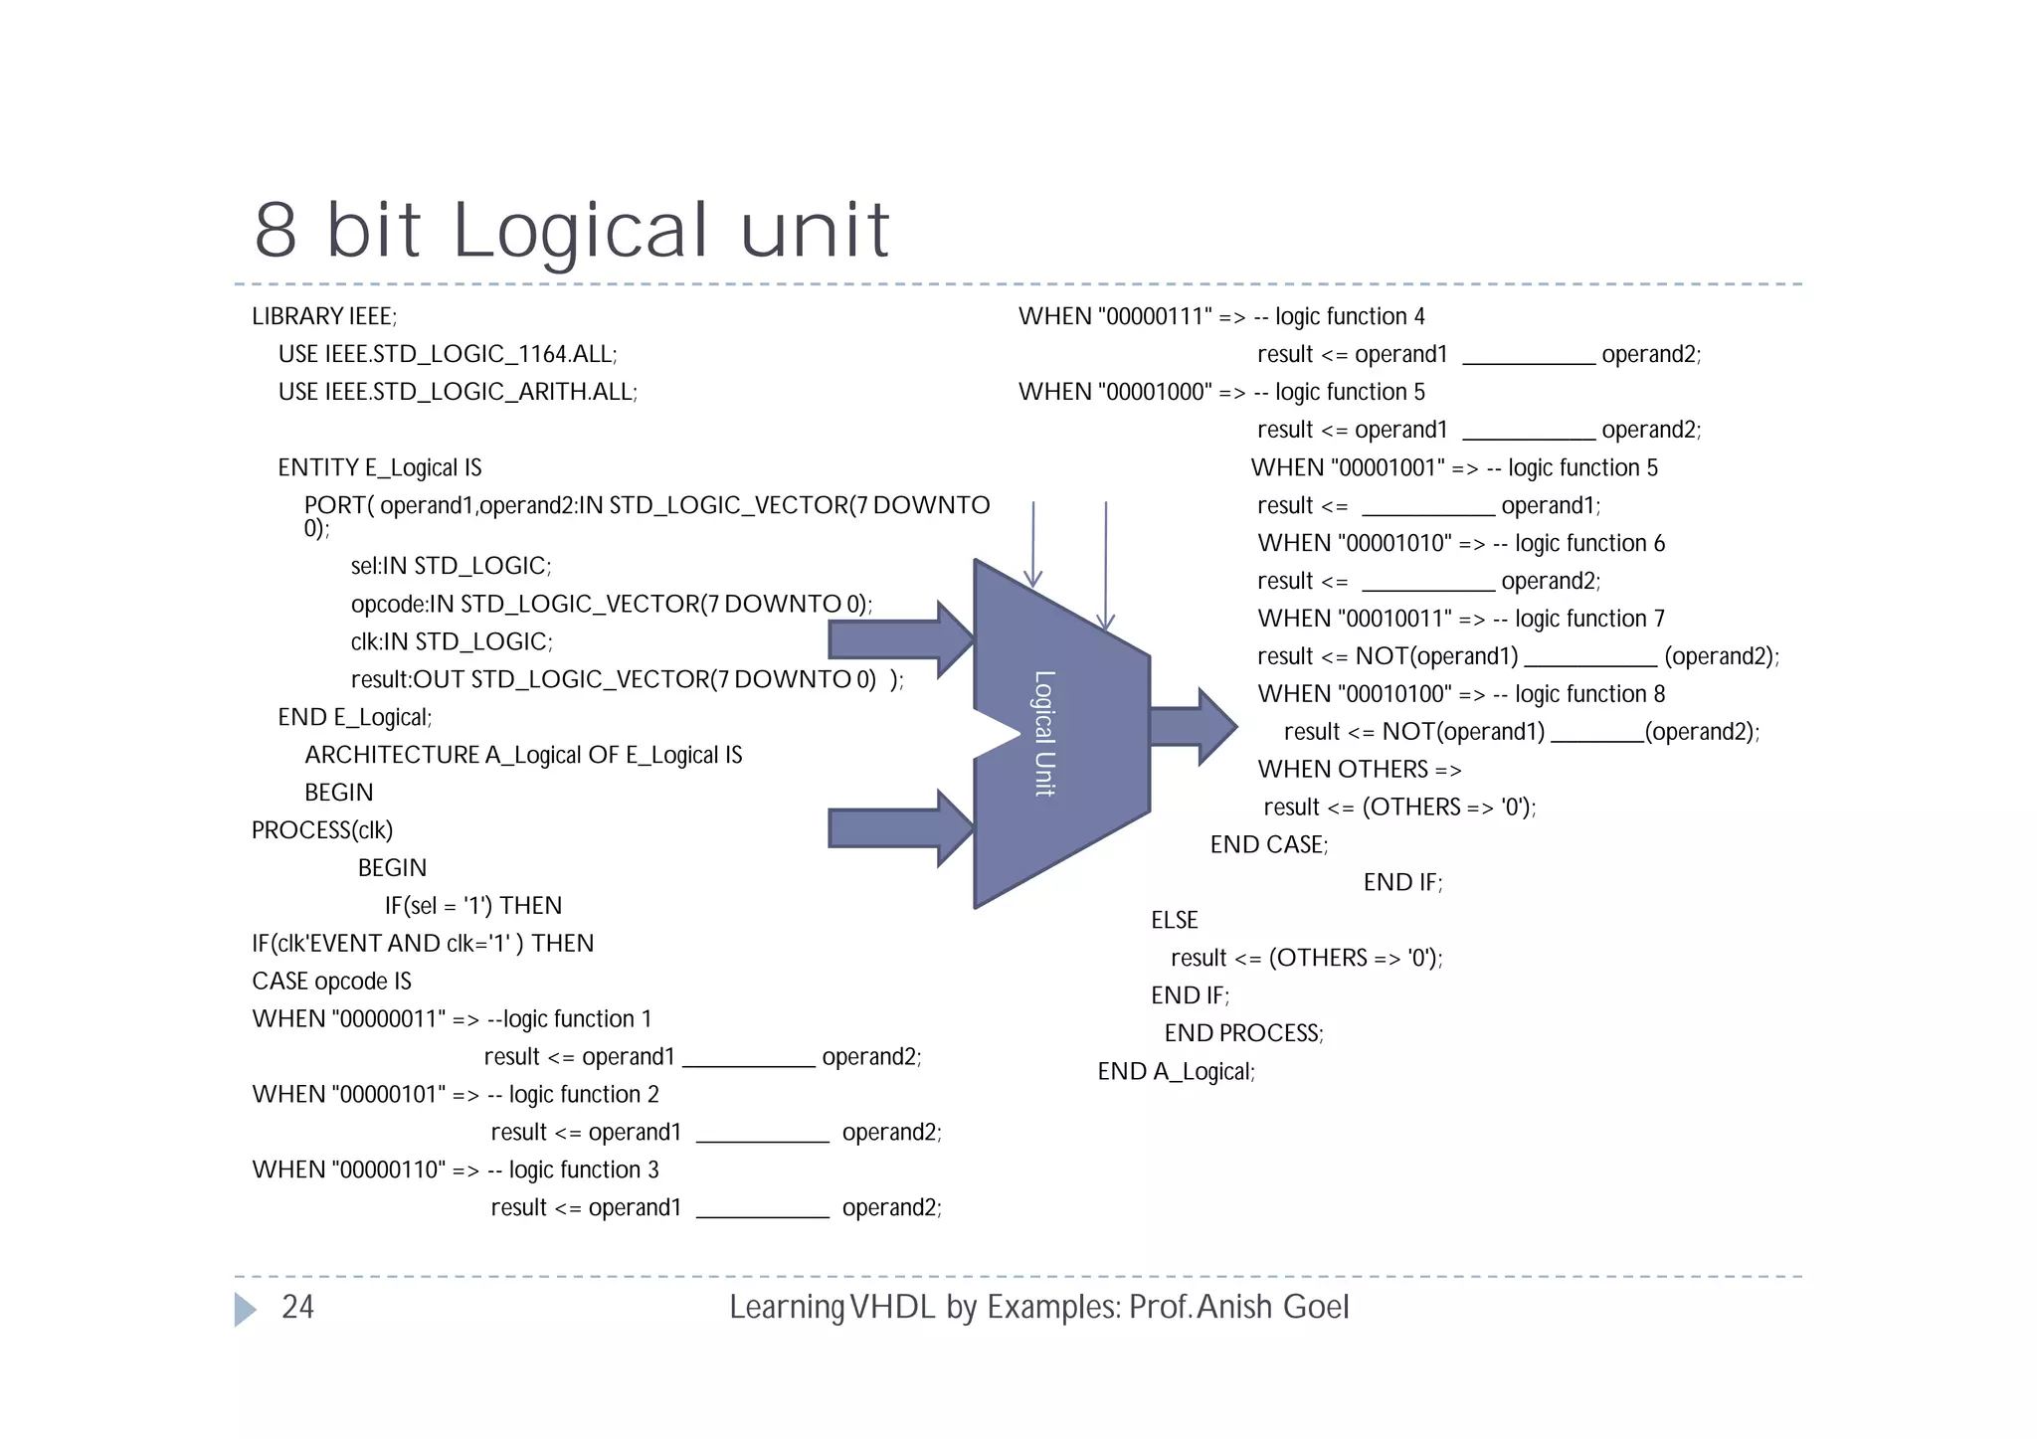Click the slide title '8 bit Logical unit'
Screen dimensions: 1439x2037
click(571, 231)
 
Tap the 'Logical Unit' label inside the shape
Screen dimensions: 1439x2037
click(1043, 733)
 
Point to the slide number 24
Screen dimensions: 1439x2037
click(297, 1307)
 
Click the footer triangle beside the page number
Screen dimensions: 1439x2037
click(245, 1309)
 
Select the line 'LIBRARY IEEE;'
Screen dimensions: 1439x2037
click(324, 316)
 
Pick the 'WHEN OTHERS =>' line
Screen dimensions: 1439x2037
click(1359, 770)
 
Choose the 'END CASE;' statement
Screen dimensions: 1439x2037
click(1268, 845)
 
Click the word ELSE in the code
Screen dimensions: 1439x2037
click(1174, 921)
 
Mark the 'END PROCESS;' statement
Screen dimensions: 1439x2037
click(1243, 1033)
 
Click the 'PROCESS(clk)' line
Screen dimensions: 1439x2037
click(322, 830)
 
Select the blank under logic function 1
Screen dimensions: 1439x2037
click(748, 1060)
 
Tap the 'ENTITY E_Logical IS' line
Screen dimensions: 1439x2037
click(379, 467)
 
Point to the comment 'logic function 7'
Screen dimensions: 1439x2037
click(1589, 619)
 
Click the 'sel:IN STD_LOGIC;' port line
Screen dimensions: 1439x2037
click(451, 566)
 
